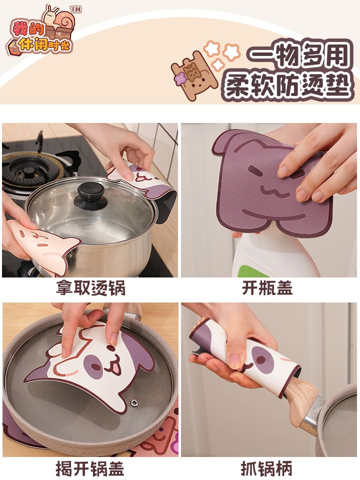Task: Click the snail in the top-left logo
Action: tap(59, 18)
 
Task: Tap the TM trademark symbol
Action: tap(76, 9)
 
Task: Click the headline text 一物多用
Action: tap(299, 55)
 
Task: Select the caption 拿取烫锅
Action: tap(91, 288)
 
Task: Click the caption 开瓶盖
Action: tap(267, 288)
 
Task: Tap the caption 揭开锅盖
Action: tap(90, 468)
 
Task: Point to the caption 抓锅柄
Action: tap(266, 468)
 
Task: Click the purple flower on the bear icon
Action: tap(180, 79)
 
